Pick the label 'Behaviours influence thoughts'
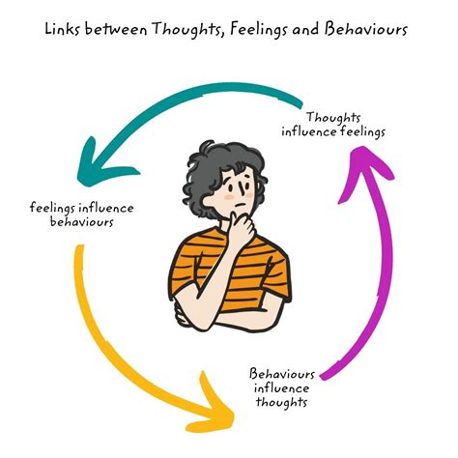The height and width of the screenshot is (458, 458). click(282, 387)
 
